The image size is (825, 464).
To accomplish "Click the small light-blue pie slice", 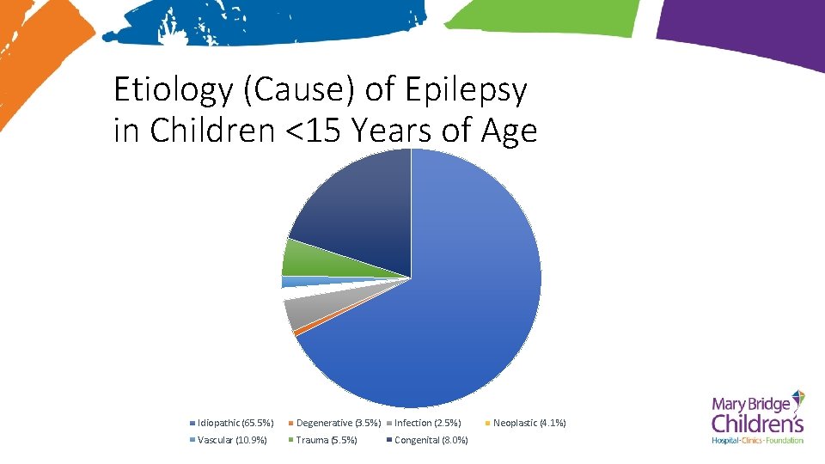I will [292, 282].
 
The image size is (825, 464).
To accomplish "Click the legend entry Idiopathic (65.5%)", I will [235, 423].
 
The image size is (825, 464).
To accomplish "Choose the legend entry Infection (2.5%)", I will [427, 423].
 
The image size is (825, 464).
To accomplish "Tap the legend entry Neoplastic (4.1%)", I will [529, 423].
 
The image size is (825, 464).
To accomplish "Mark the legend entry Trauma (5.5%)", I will [326, 440].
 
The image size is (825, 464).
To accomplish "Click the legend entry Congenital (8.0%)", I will [431, 440].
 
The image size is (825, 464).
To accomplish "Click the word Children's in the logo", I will [757, 424].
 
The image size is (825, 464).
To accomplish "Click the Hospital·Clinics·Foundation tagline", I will [757, 441].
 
